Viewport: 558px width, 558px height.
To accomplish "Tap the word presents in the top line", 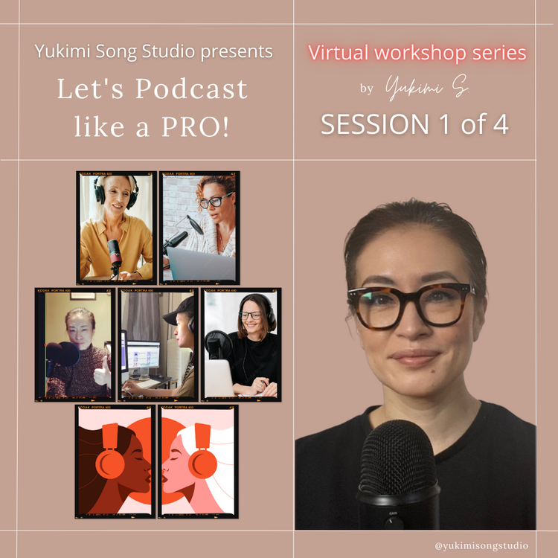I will pos(234,52).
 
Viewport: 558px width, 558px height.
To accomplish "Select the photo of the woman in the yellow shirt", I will pos(116,226).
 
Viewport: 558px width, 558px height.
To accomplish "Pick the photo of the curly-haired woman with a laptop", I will pos(199,226).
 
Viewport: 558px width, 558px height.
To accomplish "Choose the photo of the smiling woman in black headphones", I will pos(241,344).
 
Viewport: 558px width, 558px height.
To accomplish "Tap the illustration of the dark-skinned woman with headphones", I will pos(115,461).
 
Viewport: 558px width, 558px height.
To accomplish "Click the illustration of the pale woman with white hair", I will pos(198,461).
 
